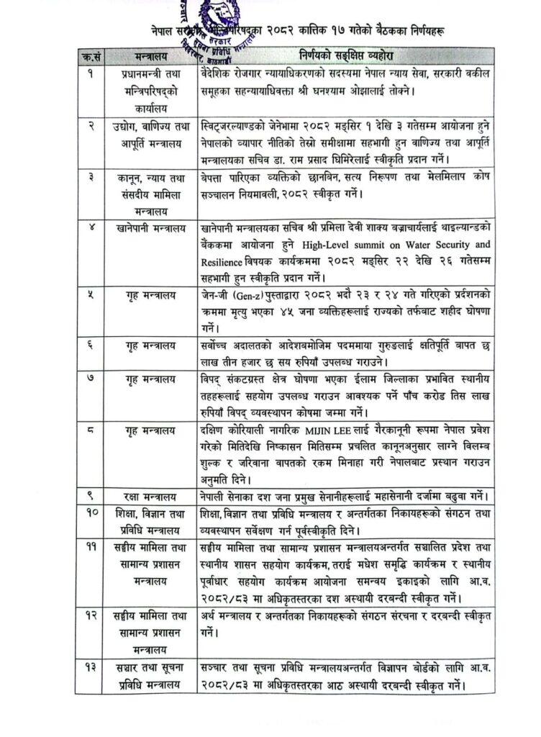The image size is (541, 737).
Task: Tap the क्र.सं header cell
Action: pyautogui.click(x=90, y=55)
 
